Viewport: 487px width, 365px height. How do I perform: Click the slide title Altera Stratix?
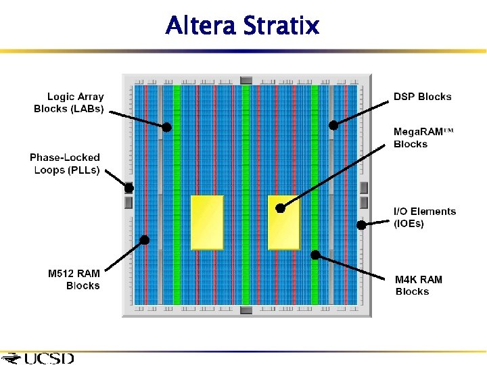click(x=242, y=26)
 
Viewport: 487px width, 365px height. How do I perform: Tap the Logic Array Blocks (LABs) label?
click(x=70, y=103)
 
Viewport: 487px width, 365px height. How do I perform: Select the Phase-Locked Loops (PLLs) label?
click(x=66, y=164)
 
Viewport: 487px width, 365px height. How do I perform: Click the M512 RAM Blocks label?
click(x=74, y=280)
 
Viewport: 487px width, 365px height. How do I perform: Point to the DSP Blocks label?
click(x=422, y=97)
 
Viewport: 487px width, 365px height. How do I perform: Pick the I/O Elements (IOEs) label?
click(x=424, y=218)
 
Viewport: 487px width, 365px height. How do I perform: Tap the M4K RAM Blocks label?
click(x=419, y=285)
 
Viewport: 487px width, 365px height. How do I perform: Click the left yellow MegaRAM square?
click(x=207, y=222)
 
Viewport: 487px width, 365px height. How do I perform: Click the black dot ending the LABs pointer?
click(x=166, y=126)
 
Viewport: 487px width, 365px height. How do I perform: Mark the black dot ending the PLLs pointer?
click(x=129, y=188)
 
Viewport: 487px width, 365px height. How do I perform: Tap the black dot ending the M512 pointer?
click(x=144, y=239)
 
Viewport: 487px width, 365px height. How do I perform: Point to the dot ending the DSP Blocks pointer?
click(x=333, y=125)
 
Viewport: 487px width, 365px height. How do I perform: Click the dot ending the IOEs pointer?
click(x=361, y=225)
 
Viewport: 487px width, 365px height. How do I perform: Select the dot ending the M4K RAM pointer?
click(x=315, y=255)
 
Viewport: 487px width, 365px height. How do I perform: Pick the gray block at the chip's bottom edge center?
click(x=246, y=310)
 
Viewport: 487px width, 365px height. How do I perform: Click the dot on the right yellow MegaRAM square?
click(x=281, y=208)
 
